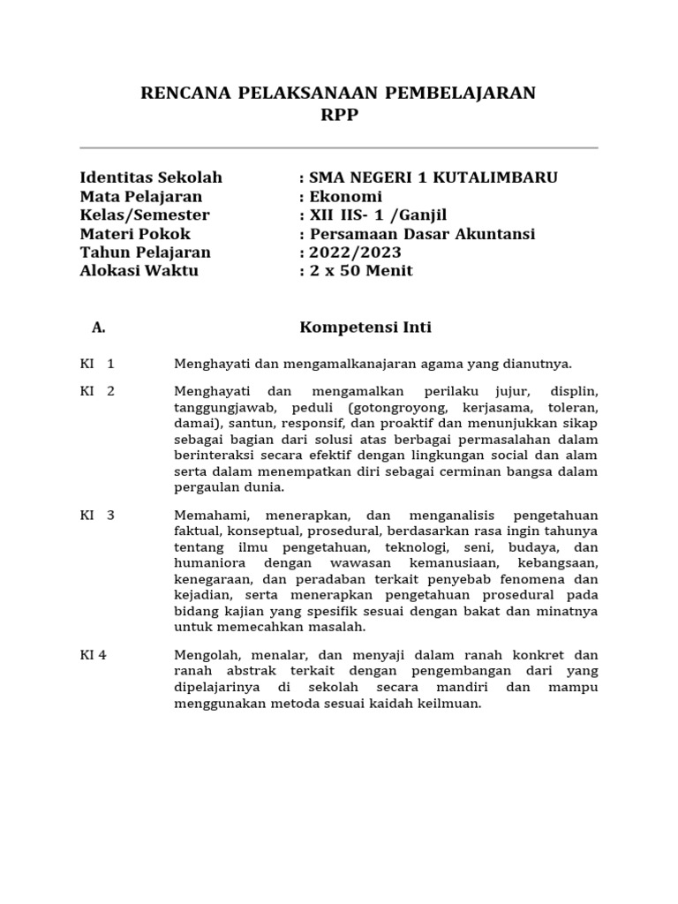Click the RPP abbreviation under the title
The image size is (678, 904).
(338, 115)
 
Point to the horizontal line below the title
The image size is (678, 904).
(338, 148)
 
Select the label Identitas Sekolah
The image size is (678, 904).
(151, 177)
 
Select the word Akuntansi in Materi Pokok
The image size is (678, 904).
(493, 234)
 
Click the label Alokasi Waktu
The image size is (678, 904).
(139, 271)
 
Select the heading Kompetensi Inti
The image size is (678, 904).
(365, 328)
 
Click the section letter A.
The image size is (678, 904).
(98, 328)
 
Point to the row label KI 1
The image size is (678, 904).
(97, 363)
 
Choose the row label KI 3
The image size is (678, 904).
(97, 516)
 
